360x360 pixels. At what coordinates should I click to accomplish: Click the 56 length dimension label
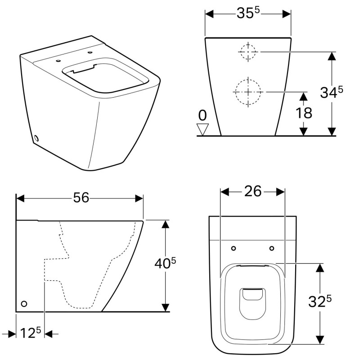coord(81,198)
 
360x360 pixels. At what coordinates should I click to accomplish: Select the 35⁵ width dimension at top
coord(248,13)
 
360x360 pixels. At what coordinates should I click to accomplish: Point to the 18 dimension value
coord(304,113)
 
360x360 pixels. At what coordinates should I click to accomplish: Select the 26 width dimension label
coord(253,191)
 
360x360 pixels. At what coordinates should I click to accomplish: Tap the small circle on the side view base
coord(24,304)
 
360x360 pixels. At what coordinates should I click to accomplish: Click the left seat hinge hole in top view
coord(233,248)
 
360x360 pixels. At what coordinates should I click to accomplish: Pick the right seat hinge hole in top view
coord(272,248)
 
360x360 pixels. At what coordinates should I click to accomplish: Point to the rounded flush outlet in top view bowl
coord(252,295)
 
